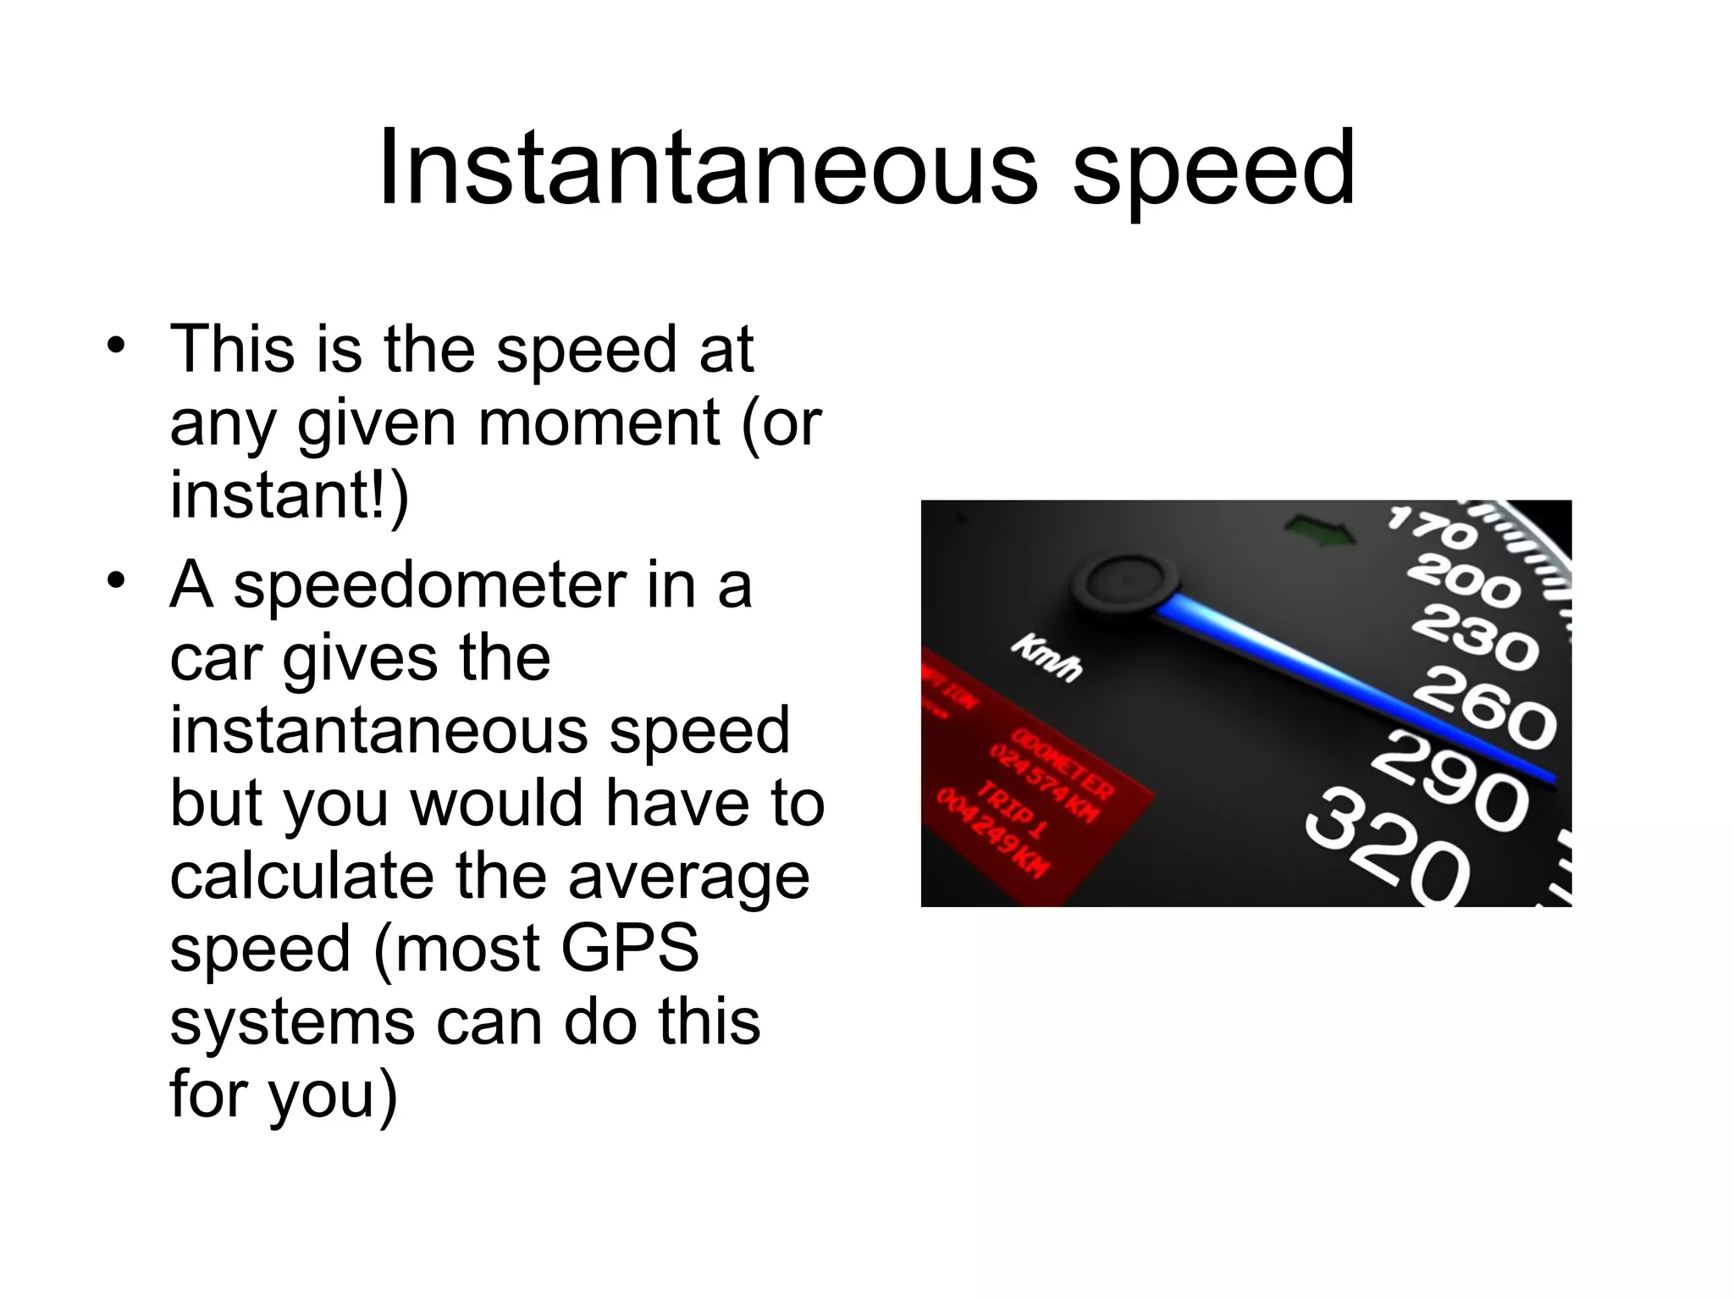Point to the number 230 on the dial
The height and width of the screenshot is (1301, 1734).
tap(1474, 636)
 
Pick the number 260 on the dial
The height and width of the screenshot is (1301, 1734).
tap(1485, 705)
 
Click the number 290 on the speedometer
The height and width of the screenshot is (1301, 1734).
tap(1450, 783)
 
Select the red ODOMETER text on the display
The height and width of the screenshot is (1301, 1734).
tap(1063, 761)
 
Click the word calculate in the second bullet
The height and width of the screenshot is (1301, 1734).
tap(301, 876)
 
